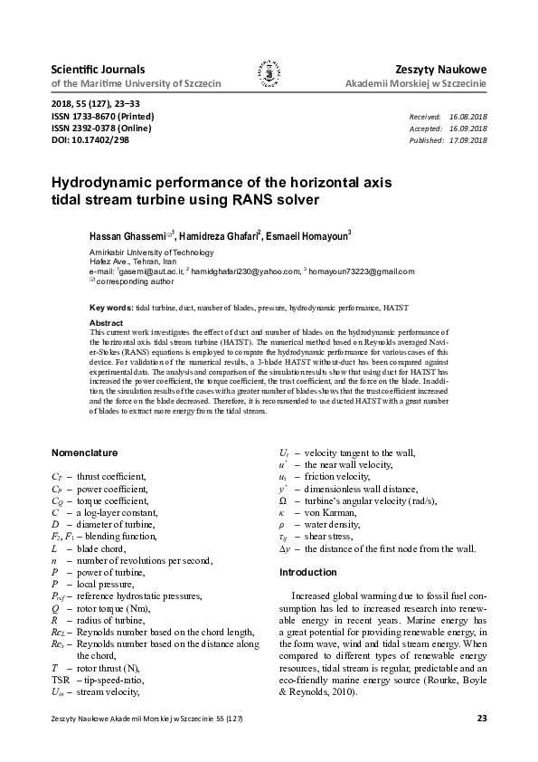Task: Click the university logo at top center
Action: point(269,76)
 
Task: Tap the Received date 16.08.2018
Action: point(467,118)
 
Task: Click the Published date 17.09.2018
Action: point(467,140)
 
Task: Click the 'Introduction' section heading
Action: point(307,572)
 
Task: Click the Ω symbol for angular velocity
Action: point(284,500)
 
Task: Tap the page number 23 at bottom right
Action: point(481,719)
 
